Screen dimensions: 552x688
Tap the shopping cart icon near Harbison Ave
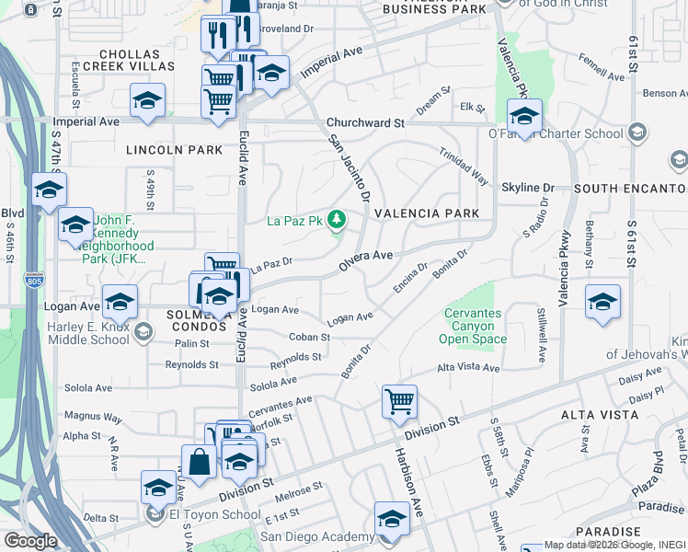coord(399,401)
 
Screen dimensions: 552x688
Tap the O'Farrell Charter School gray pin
coord(636,134)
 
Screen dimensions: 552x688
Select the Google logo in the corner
coord(29,541)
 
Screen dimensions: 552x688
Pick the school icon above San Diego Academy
coord(392,518)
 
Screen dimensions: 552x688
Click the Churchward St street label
coord(365,122)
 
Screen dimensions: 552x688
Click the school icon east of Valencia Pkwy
coord(602,302)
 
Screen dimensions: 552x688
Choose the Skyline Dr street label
coord(528,188)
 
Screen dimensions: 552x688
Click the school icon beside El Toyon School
coord(158,486)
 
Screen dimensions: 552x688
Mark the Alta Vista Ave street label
coord(468,368)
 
